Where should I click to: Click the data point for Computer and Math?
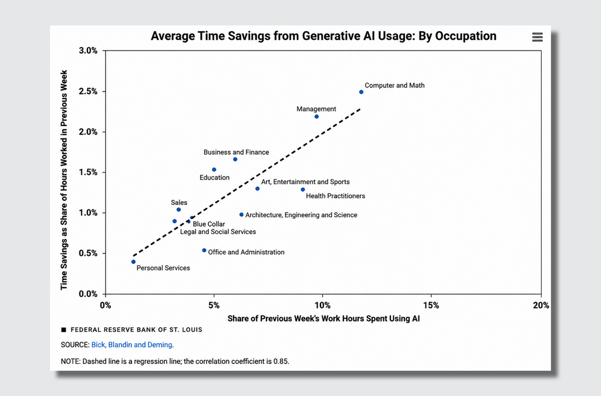[361, 92]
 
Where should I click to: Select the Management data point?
[316, 116]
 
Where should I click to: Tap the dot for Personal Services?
[133, 262]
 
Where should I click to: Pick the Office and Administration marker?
[204, 251]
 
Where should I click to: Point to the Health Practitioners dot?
[303, 189]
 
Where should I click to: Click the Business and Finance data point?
[235, 160]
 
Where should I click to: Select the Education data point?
[214, 170]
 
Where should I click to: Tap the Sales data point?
[178, 209]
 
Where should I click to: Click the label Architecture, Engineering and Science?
[301, 215]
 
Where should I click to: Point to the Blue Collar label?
[209, 224]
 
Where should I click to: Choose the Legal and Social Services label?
[218, 232]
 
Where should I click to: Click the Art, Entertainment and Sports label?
[305, 182]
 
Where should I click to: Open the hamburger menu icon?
[538, 37]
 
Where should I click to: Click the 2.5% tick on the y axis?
[88, 92]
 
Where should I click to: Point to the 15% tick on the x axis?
[431, 306]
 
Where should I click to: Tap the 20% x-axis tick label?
[541, 306]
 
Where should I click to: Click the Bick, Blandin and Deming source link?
[131, 345]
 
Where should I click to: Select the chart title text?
[323, 36]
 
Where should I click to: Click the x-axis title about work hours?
[323, 319]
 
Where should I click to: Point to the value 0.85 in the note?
[281, 361]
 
